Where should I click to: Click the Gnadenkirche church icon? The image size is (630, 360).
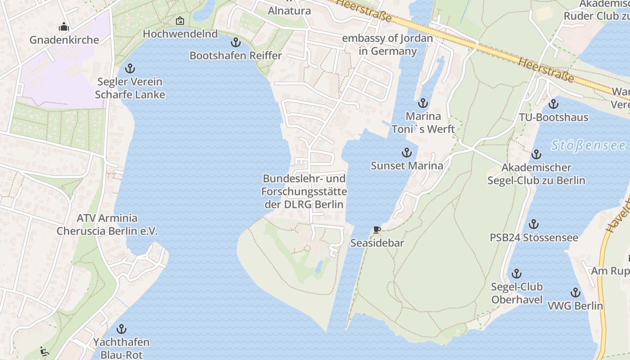[x=64, y=27]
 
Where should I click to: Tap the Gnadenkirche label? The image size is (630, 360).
[x=64, y=40]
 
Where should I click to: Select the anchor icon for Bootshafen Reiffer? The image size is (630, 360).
[x=235, y=43]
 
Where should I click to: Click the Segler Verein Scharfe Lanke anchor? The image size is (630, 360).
[x=130, y=69]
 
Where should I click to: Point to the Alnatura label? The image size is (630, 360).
[x=289, y=10]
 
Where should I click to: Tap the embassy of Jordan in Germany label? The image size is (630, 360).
[x=387, y=45]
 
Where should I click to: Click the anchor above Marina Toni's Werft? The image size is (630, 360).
[x=423, y=103]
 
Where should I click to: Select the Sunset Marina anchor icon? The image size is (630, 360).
[x=407, y=153]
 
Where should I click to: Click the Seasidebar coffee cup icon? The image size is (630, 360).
[x=377, y=230]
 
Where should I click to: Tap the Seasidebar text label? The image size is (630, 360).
[x=377, y=243]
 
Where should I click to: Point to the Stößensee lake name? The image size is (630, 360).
[x=588, y=145]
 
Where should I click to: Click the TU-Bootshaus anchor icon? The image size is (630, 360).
[x=553, y=104]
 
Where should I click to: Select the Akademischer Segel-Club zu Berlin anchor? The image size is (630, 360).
[x=536, y=155]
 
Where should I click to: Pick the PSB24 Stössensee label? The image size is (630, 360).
[x=534, y=237]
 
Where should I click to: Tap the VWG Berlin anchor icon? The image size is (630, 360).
[x=575, y=293]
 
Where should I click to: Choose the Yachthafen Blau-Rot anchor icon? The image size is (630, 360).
[x=121, y=329]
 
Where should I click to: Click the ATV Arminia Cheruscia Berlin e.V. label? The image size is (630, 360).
[x=107, y=225]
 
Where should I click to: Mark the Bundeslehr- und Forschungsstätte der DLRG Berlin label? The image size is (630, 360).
[x=304, y=191]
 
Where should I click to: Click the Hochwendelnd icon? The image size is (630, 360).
[x=180, y=21]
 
